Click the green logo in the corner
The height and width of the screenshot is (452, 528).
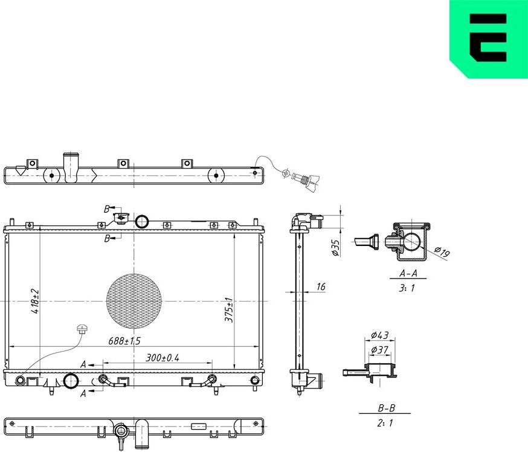[488, 39]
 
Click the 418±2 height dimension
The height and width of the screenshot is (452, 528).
[36, 300]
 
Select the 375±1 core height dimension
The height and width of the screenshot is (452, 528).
[229, 309]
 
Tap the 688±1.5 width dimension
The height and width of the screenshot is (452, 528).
[124, 341]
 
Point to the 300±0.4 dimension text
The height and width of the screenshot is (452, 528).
[163, 358]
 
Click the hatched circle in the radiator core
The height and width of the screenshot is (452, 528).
[134, 300]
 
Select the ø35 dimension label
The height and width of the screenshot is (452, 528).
[336, 248]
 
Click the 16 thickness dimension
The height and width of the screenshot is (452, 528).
[321, 286]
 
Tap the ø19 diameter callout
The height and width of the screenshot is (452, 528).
[442, 253]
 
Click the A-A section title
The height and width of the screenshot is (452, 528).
[413, 273]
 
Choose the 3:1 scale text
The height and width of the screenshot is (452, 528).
[407, 288]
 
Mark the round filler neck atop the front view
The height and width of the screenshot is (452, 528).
[143, 221]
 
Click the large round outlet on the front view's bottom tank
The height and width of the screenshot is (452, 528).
[71, 381]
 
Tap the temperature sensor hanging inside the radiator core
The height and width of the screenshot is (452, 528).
[80, 329]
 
